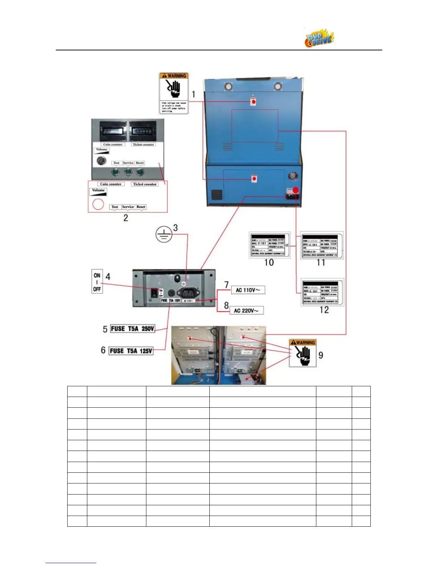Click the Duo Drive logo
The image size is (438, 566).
(x=319, y=38)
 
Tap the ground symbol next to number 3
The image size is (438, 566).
(x=164, y=235)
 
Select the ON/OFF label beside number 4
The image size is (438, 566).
(x=97, y=282)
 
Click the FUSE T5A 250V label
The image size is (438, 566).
(x=132, y=329)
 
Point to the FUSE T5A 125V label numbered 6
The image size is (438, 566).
(x=131, y=351)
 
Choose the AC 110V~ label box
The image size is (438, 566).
(x=248, y=290)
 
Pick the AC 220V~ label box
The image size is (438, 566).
(x=247, y=311)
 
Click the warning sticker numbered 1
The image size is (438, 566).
(x=174, y=93)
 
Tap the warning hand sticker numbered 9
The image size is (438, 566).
(x=303, y=353)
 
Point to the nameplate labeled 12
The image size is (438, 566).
(x=322, y=293)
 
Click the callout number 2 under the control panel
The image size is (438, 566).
(x=126, y=218)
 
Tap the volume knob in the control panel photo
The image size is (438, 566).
(x=102, y=161)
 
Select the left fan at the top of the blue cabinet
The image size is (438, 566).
(x=228, y=87)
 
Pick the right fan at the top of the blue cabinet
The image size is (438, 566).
(x=278, y=87)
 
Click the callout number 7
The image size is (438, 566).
(x=226, y=285)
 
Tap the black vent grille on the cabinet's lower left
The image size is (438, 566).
(x=216, y=195)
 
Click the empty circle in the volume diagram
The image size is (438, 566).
(x=98, y=204)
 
